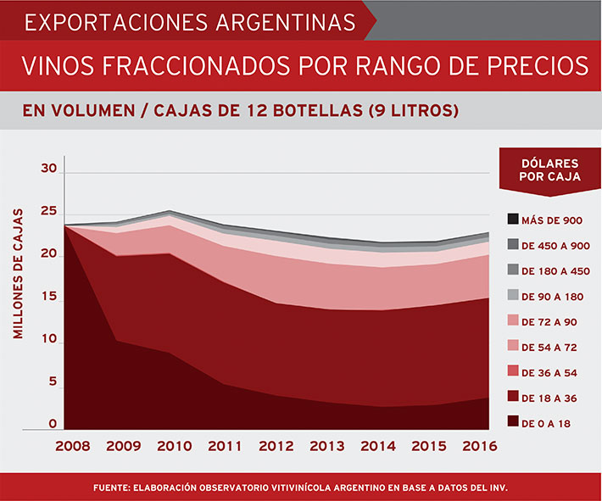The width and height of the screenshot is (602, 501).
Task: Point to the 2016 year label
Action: pyautogui.click(x=480, y=445)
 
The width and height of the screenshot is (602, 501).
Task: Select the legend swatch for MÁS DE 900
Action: pyautogui.click(x=513, y=220)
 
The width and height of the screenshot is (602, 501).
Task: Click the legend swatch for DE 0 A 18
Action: pyautogui.click(x=513, y=421)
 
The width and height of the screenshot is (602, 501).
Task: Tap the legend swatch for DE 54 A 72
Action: pyautogui.click(x=513, y=346)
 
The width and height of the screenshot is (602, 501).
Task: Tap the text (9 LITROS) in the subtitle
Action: pyautogui.click(x=410, y=110)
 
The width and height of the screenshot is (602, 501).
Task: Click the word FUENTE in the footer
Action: pyautogui.click(x=113, y=487)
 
